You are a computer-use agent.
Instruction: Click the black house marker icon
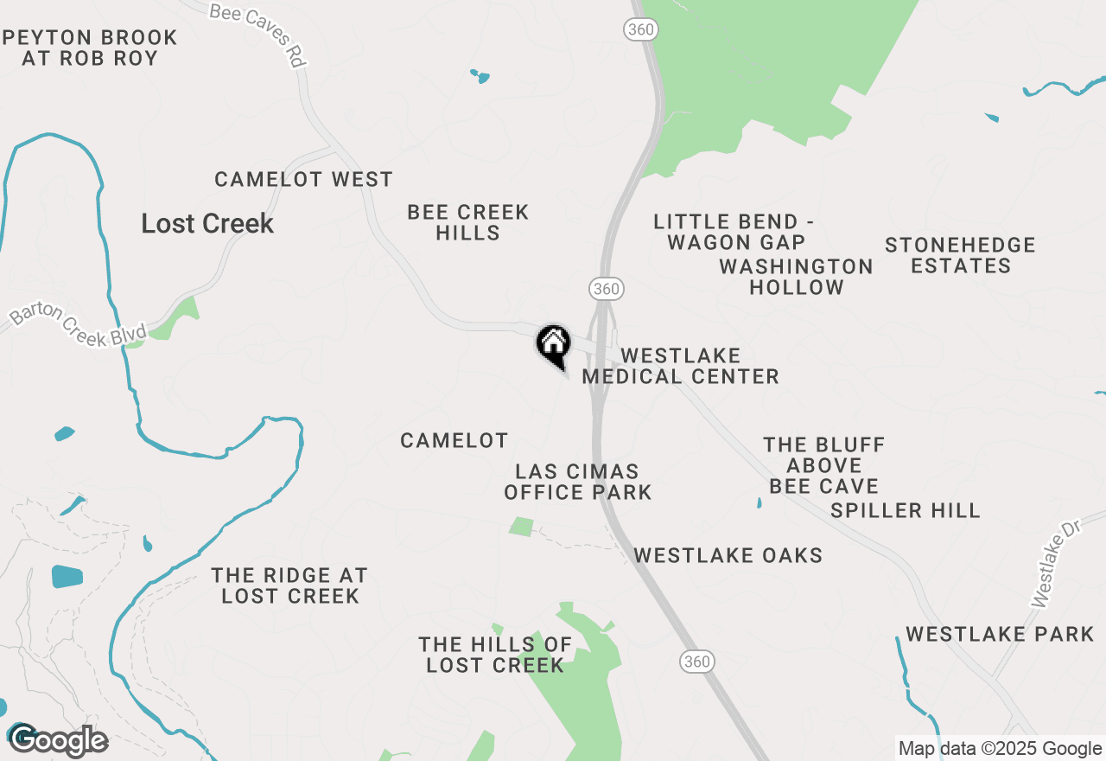(x=554, y=344)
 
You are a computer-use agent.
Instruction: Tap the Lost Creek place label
(x=207, y=223)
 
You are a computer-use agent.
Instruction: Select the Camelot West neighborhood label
(x=303, y=179)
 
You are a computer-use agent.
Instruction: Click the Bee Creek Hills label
(x=467, y=222)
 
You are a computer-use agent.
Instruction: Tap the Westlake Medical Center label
(x=681, y=366)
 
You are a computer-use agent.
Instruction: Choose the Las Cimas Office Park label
(x=577, y=482)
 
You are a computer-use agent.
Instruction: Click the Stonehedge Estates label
(x=960, y=255)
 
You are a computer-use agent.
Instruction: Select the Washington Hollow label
(x=796, y=277)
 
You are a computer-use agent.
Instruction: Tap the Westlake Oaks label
(x=728, y=555)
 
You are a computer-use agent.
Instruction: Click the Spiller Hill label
(x=906, y=510)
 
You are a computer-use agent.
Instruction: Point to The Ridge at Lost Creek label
(x=290, y=585)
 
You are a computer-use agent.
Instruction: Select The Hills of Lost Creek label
(x=495, y=655)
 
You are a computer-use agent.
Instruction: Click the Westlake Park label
(x=1000, y=635)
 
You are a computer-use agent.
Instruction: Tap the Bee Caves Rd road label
(x=260, y=34)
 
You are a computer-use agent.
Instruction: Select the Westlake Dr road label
(x=1056, y=569)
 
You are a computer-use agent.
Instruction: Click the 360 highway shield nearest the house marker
(x=607, y=288)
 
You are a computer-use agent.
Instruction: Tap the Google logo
(x=58, y=741)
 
